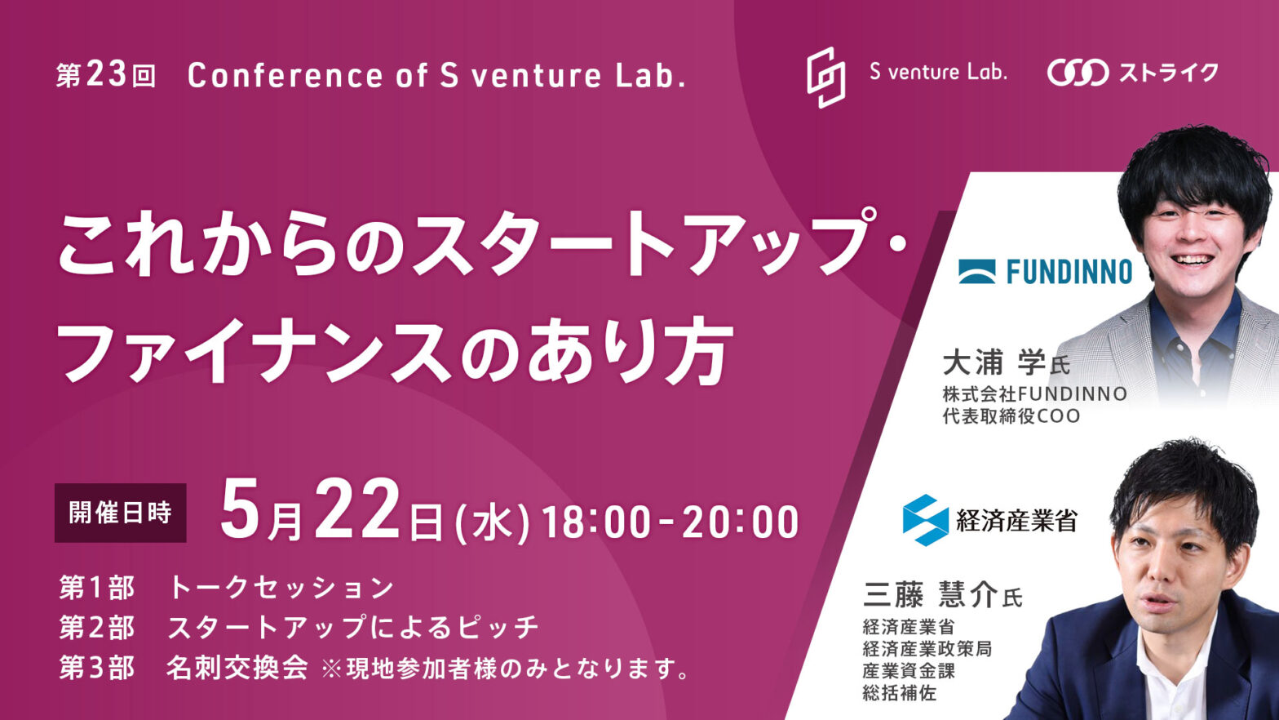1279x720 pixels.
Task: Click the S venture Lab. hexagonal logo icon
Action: pos(826,77)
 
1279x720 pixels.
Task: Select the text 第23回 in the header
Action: pos(106,76)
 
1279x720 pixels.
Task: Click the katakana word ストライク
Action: pos(1168,73)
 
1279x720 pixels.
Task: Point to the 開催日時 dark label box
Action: pos(121,513)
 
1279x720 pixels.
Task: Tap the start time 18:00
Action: pos(597,522)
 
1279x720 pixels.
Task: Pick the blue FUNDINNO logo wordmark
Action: pos(1069,271)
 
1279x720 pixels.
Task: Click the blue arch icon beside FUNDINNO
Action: pos(977,271)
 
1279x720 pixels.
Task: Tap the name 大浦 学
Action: pos(994,362)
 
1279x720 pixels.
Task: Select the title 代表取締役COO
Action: pos(1011,416)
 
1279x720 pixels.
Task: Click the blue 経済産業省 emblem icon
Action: pos(925,520)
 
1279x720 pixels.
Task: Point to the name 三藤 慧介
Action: pos(931,595)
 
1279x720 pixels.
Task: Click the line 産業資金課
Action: pos(909,670)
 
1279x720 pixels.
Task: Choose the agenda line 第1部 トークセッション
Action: pos(227,588)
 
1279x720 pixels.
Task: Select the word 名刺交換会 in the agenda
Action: pos(237,668)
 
